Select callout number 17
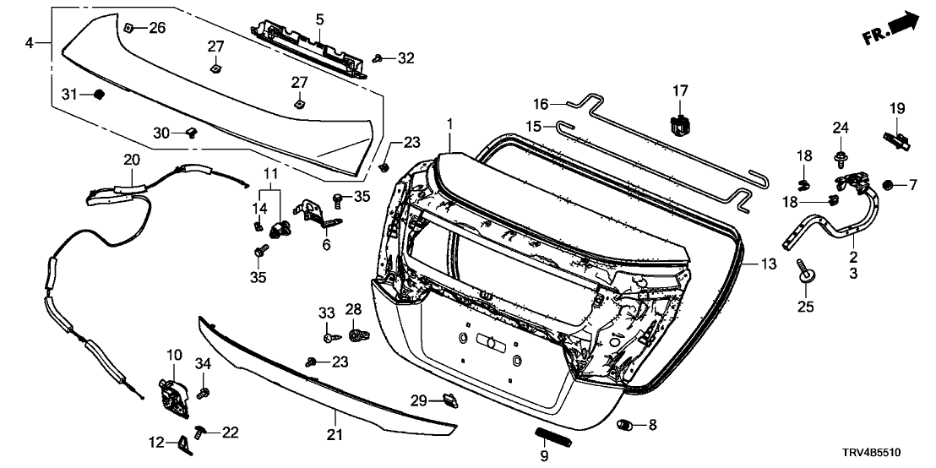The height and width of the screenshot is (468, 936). (x=681, y=90)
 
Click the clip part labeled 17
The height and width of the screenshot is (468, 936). (x=679, y=124)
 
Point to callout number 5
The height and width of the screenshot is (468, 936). (x=320, y=18)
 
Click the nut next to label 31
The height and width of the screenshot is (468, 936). (x=97, y=93)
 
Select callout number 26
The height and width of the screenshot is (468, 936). (x=157, y=28)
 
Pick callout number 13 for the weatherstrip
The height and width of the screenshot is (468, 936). (x=767, y=264)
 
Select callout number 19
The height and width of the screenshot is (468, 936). (x=896, y=107)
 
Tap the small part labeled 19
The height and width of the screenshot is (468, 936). (x=897, y=136)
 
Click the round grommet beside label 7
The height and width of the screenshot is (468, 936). (x=888, y=184)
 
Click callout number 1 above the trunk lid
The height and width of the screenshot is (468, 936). (x=450, y=124)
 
